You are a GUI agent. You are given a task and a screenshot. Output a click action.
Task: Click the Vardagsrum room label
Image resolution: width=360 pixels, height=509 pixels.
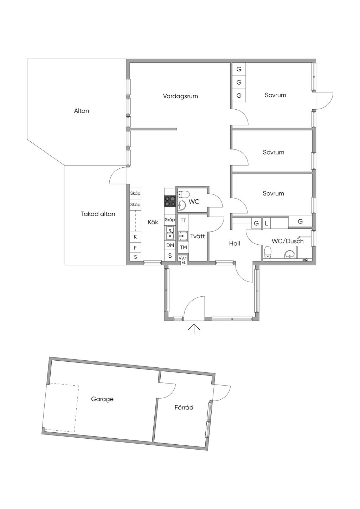[180, 96]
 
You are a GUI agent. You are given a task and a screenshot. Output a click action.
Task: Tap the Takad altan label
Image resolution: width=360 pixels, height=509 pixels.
[98, 214]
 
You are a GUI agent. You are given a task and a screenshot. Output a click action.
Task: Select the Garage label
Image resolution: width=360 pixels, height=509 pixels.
[102, 399]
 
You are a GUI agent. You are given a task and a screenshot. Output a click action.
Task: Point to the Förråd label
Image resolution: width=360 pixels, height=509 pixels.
[184, 407]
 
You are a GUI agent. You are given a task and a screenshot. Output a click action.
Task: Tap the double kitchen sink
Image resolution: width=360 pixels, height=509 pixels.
[170, 233]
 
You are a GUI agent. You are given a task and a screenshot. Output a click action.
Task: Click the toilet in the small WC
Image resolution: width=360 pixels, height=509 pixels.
[183, 194]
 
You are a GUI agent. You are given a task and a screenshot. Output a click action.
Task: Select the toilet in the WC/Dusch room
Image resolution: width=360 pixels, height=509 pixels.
[268, 253]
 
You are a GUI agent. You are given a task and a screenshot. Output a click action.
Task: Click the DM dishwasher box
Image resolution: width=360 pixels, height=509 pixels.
[170, 245]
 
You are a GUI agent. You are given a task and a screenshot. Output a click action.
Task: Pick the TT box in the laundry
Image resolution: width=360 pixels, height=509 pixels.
[183, 220]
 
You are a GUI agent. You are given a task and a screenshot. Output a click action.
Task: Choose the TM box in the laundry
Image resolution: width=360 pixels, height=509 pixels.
[183, 247]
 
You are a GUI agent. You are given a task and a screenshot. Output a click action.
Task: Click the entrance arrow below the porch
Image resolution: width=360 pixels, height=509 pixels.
[194, 329]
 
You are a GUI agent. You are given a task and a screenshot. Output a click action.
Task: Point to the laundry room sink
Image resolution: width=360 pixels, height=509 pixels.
[183, 236]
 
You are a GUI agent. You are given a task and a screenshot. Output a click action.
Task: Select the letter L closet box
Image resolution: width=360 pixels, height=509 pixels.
[267, 223]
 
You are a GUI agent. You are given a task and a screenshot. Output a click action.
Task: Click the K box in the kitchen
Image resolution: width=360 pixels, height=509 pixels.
[135, 237]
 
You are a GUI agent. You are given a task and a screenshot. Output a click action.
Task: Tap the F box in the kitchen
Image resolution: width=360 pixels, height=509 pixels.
[135, 248]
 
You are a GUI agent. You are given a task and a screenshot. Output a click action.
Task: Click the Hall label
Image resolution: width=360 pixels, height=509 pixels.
[234, 244]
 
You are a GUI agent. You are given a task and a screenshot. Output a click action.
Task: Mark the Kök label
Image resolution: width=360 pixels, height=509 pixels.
[153, 222]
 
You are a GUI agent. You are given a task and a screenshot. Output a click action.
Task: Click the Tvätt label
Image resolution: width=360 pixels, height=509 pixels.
[198, 236]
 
